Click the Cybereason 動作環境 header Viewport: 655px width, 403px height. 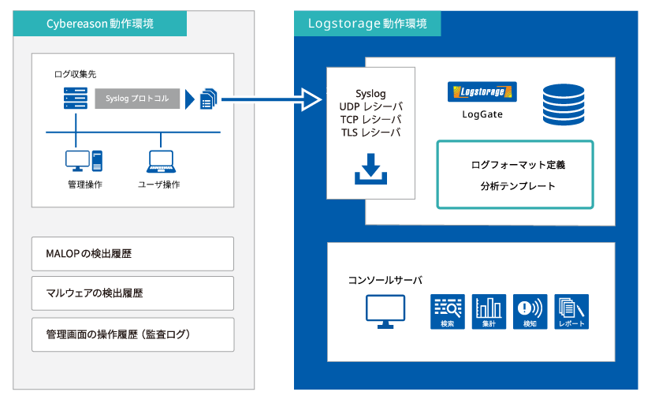(x=100, y=24)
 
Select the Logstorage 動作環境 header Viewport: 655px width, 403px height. (x=367, y=24)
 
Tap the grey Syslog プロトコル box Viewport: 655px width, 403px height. (x=137, y=99)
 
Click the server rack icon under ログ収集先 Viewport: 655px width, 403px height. (x=76, y=99)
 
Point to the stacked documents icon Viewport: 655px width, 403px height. (x=208, y=99)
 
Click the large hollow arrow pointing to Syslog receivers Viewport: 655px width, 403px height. (x=271, y=99)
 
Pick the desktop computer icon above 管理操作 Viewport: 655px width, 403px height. (x=84, y=161)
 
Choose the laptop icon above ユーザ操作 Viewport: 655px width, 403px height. (x=162, y=162)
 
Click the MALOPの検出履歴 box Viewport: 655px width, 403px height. (x=133, y=254)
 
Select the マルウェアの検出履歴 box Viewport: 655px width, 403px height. (x=133, y=293)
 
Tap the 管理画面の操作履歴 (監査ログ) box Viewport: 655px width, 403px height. (x=133, y=334)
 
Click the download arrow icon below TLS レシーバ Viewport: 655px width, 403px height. (x=371, y=169)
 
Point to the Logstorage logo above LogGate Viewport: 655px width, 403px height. (x=482, y=91)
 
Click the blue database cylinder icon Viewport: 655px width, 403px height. (x=564, y=105)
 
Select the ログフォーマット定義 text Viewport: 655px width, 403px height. (x=518, y=165)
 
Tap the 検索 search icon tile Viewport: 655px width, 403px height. (x=448, y=312)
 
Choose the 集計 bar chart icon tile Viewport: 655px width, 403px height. (x=489, y=312)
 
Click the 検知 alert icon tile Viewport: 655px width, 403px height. (x=530, y=312)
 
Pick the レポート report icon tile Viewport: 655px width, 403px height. (x=571, y=312)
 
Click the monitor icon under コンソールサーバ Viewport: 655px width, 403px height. (x=385, y=312)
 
